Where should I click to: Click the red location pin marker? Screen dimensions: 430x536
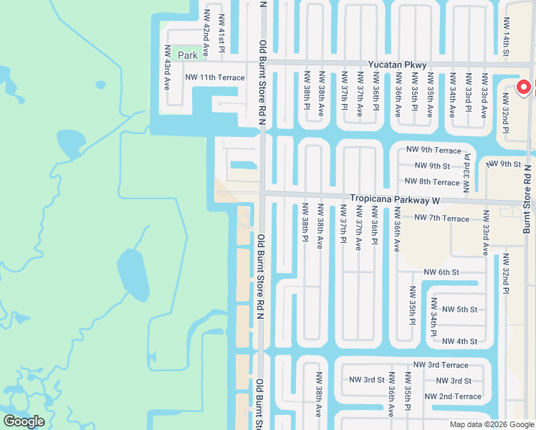(523, 87)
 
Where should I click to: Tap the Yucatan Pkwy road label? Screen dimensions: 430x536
(397, 65)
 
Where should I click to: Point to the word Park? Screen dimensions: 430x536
(188, 55)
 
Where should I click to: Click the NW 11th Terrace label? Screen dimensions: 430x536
(214, 77)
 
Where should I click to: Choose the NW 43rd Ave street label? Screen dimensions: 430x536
(167, 67)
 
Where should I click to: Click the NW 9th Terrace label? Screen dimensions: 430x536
(433, 150)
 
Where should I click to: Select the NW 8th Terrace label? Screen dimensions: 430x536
(432, 182)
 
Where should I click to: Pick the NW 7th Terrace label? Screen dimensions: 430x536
(442, 218)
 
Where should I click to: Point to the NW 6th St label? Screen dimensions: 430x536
(441, 272)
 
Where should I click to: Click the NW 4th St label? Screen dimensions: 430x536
(459, 341)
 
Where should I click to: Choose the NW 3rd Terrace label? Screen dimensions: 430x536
(446, 365)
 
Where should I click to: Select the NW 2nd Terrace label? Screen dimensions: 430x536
(453, 396)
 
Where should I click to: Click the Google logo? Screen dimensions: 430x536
(24, 421)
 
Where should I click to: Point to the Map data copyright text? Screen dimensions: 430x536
(491, 424)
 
